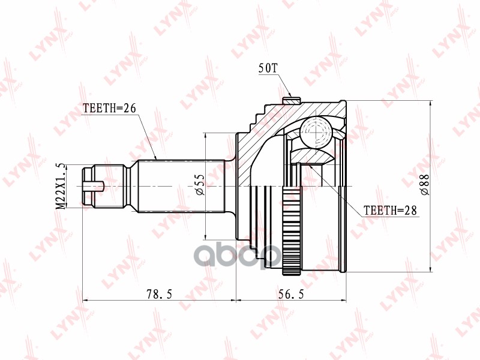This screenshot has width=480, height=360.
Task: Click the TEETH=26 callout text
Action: pyautogui.click(x=110, y=109)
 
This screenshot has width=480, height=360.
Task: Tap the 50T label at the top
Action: pyautogui.click(x=268, y=68)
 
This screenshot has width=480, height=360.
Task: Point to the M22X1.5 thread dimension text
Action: pyautogui.click(x=60, y=185)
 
